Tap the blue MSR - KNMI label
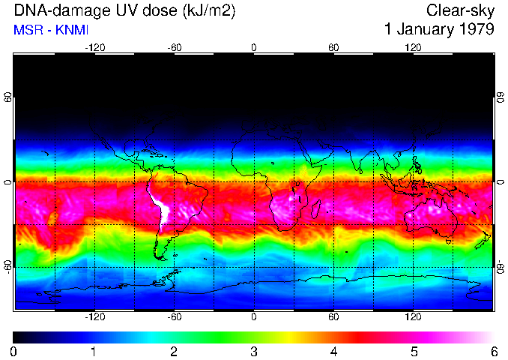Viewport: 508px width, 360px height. click(51, 31)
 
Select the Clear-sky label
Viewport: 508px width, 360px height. click(460, 11)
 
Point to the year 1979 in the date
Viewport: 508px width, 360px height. click(475, 30)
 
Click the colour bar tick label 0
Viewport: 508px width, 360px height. click(13, 351)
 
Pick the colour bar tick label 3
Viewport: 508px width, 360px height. click(253, 351)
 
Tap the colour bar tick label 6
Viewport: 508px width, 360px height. click(493, 351)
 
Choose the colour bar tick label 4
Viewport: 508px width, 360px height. click(333, 351)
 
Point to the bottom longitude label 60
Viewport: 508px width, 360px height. click(333, 317)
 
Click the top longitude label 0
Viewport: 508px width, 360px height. click(253, 47)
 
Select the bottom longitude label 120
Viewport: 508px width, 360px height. click(413, 317)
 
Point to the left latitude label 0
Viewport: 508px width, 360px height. click(7, 182)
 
